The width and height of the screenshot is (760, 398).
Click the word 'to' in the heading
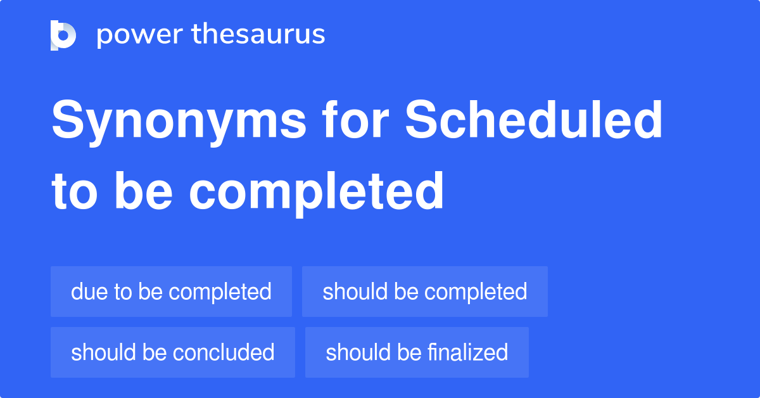[73, 191]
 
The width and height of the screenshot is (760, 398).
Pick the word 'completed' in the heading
[316, 191]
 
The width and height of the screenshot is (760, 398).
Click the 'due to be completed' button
[171, 292]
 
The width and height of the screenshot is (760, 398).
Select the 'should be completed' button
[424, 292]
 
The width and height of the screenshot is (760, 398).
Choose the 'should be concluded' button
[172, 352]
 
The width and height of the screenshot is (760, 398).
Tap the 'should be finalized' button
[417, 352]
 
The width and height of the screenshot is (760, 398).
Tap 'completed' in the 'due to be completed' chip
[220, 292]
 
